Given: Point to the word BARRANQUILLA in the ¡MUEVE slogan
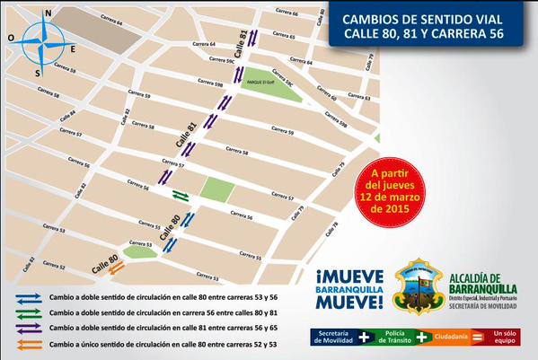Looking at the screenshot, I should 348,288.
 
